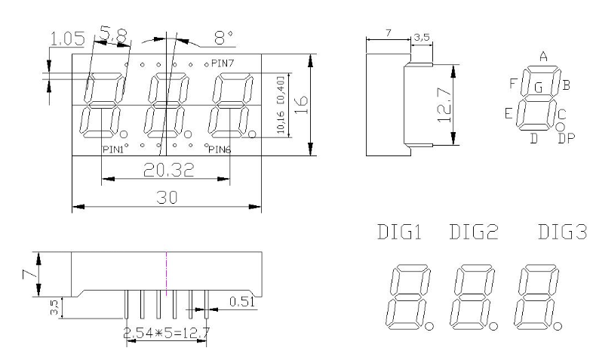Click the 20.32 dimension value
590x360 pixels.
click(x=169, y=170)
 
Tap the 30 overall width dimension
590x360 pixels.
click(x=167, y=197)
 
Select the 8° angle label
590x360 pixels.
click(x=223, y=38)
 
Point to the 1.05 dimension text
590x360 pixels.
click(x=68, y=38)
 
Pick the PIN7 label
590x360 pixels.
click(x=223, y=63)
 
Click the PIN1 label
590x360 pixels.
click(x=113, y=149)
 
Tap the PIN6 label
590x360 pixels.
click(x=220, y=149)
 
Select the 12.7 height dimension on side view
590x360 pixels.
click(x=444, y=105)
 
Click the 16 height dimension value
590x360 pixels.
click(x=301, y=105)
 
